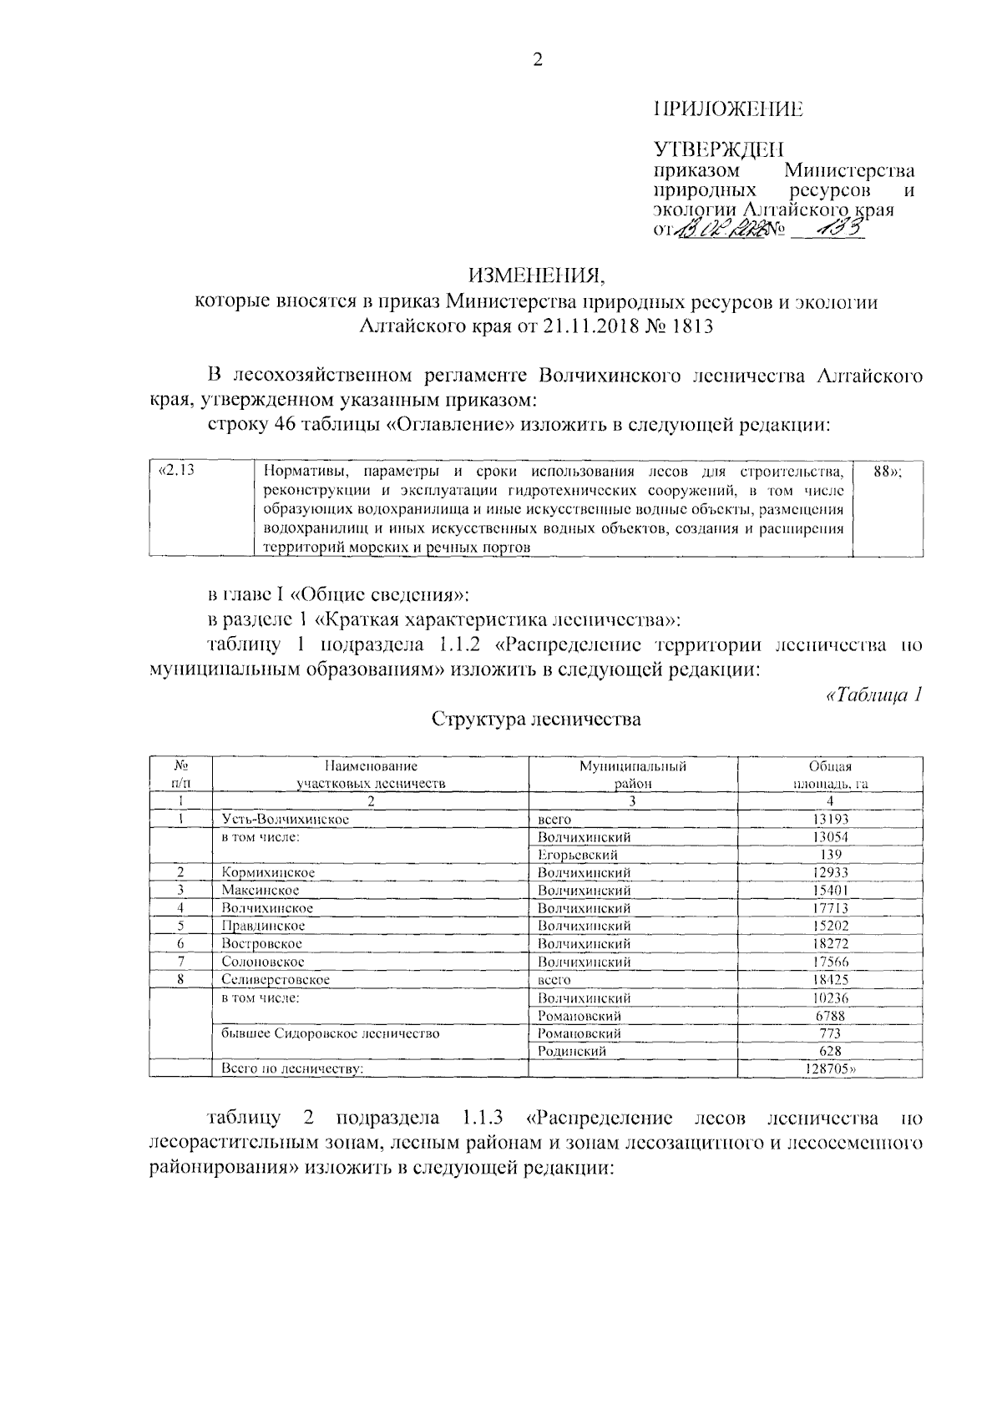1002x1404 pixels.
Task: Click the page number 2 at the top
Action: click(537, 59)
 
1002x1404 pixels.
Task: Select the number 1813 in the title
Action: click(691, 326)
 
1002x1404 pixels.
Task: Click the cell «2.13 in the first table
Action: click(176, 471)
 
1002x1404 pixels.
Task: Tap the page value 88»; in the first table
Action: click(887, 471)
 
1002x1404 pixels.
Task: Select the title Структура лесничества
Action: click(536, 719)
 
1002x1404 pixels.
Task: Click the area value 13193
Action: click(830, 820)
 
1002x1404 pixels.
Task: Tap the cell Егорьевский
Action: click(578, 855)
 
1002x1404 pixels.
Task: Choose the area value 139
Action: click(830, 855)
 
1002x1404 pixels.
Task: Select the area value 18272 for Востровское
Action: click(830, 944)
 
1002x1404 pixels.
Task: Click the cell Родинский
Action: click(572, 1052)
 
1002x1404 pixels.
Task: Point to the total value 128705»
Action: click(832, 1069)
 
